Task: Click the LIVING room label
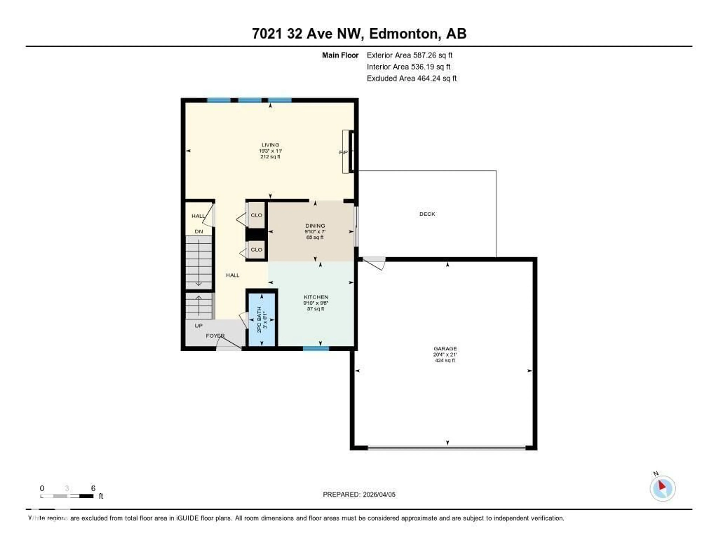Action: click(x=270, y=145)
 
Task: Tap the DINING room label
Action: click(x=315, y=226)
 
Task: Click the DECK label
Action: click(x=427, y=214)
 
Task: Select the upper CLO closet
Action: click(x=256, y=215)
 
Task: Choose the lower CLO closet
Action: click(x=256, y=250)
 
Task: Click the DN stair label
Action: click(x=199, y=231)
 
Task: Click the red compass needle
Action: click(x=662, y=485)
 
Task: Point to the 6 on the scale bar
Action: click(x=93, y=488)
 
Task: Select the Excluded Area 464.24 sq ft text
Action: click(x=411, y=78)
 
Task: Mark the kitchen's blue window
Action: click(x=316, y=348)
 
